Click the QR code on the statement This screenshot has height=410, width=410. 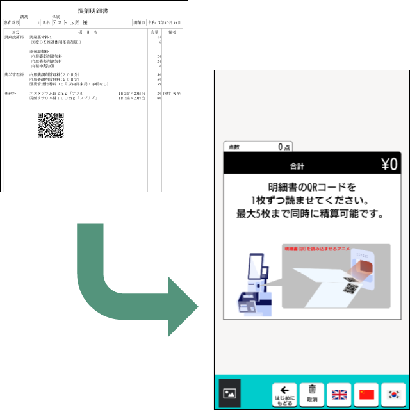click(50, 126)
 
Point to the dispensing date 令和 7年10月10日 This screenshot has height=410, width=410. click(165, 22)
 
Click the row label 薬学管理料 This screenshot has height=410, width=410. click(14, 75)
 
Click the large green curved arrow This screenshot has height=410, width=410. click(128, 282)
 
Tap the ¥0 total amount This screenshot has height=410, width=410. click(389, 165)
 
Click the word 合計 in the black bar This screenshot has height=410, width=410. click(297, 167)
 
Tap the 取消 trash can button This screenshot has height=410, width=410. click(312, 393)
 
